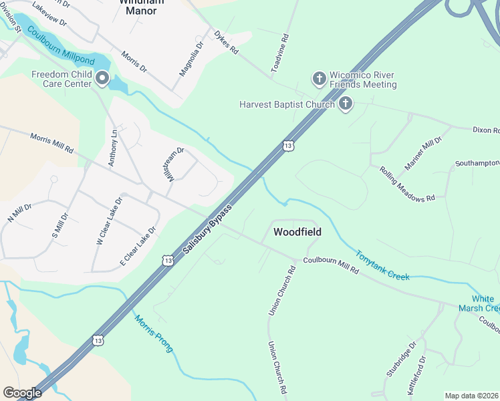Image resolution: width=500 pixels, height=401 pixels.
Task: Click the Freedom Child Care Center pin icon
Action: [x=102, y=79]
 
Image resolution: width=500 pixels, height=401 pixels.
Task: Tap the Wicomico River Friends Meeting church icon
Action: [x=320, y=79]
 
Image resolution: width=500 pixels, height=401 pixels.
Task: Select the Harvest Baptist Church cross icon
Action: [x=345, y=104]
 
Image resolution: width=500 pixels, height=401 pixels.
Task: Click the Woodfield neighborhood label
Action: [x=297, y=232]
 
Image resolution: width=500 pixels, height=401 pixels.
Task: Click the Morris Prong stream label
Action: [x=154, y=333]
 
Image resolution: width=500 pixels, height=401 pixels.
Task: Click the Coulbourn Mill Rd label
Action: [x=331, y=265]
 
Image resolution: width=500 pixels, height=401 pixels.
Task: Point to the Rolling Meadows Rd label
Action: [x=406, y=184]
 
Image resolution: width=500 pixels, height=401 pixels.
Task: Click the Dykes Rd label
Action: [x=226, y=41]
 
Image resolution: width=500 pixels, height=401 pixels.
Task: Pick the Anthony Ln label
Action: [x=114, y=148]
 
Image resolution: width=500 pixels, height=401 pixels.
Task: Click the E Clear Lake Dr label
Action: [x=138, y=247]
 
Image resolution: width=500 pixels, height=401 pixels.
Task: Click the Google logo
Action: [x=22, y=393]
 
